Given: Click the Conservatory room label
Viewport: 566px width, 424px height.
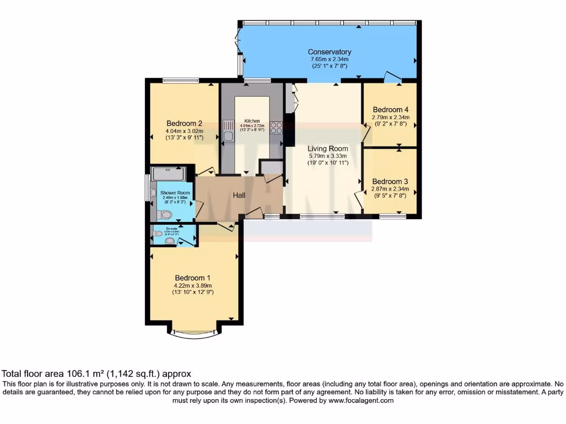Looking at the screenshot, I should pyautogui.click(x=329, y=52).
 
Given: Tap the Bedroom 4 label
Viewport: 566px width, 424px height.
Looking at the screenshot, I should pyautogui.click(x=391, y=109).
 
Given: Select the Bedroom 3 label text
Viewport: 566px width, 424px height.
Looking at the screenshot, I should pyautogui.click(x=390, y=181).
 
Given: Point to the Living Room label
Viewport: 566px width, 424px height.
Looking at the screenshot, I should pyautogui.click(x=328, y=149).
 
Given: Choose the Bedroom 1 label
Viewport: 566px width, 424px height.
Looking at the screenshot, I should pyautogui.click(x=192, y=277).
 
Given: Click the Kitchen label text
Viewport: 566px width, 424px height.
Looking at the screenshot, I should pyautogui.click(x=252, y=121).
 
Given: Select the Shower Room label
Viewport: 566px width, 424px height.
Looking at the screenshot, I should pyautogui.click(x=171, y=193).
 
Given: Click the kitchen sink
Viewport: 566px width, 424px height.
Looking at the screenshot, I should pyautogui.click(x=228, y=132).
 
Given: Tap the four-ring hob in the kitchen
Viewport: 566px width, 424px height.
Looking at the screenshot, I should pyautogui.click(x=276, y=128).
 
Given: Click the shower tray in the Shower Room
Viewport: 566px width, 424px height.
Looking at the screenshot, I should pyautogui.click(x=168, y=173).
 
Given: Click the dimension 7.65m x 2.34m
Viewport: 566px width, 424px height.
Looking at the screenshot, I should pyautogui.click(x=329, y=59).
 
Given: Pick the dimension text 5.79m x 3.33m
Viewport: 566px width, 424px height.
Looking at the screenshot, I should pyautogui.click(x=328, y=156).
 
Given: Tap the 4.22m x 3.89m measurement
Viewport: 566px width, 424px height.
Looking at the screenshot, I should pyautogui.click(x=192, y=285).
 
